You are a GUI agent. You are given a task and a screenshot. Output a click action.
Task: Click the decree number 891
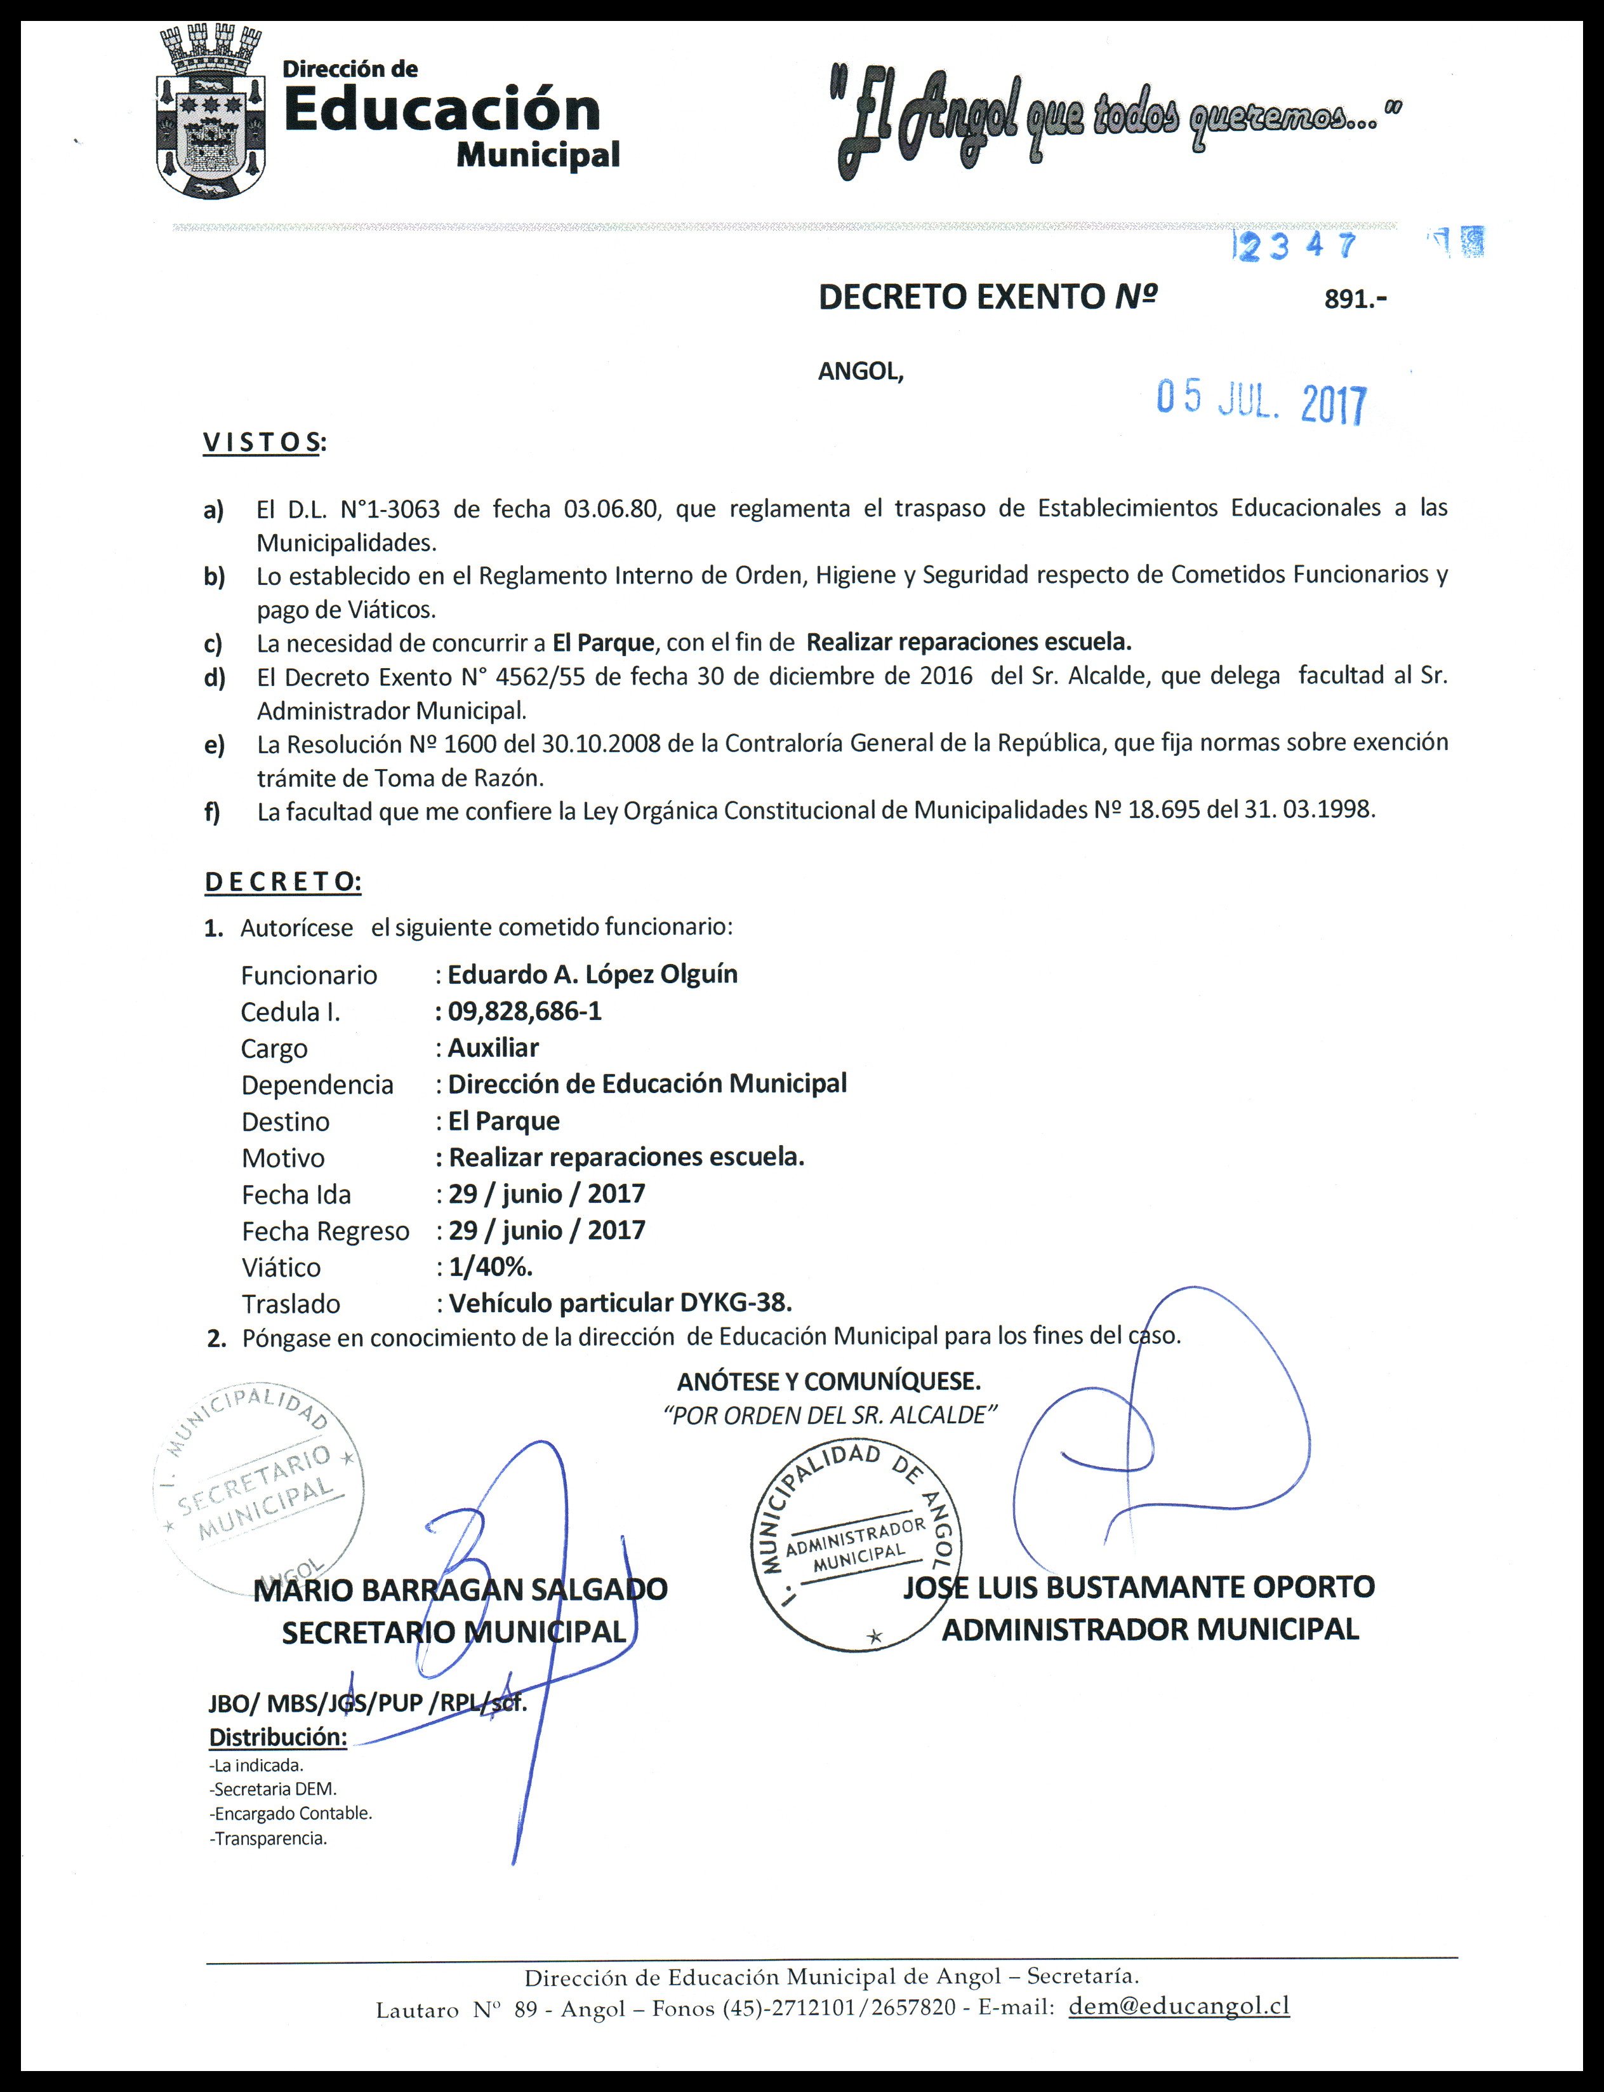[1354, 299]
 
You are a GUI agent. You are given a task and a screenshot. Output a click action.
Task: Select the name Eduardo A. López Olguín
[592, 974]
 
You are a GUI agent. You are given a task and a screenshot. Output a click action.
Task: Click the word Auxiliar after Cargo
[493, 1047]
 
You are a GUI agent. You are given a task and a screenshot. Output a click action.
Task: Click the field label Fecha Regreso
[324, 1231]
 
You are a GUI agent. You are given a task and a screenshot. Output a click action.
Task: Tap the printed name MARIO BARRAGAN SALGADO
[460, 1590]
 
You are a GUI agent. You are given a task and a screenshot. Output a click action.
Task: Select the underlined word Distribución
[277, 1736]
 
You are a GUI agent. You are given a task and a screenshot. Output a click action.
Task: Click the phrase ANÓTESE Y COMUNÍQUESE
[829, 1381]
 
